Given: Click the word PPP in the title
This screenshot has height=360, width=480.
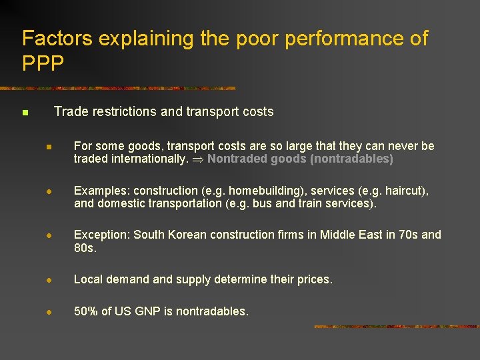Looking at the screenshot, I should [43, 63].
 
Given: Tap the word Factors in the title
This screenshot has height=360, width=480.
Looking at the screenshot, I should [57, 39].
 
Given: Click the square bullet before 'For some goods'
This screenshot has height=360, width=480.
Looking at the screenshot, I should [49, 146].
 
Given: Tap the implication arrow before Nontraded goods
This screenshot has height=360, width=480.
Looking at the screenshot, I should [198, 159].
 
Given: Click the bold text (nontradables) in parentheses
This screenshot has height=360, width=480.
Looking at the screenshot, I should [351, 159].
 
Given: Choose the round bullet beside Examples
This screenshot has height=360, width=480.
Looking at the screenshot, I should [49, 191].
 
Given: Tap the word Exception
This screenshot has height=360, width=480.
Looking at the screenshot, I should [101, 235].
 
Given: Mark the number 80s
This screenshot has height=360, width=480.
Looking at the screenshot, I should [84, 248].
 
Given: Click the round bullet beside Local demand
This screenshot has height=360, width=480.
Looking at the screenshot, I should [49, 280].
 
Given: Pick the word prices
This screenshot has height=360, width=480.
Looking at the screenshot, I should [314, 279].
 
